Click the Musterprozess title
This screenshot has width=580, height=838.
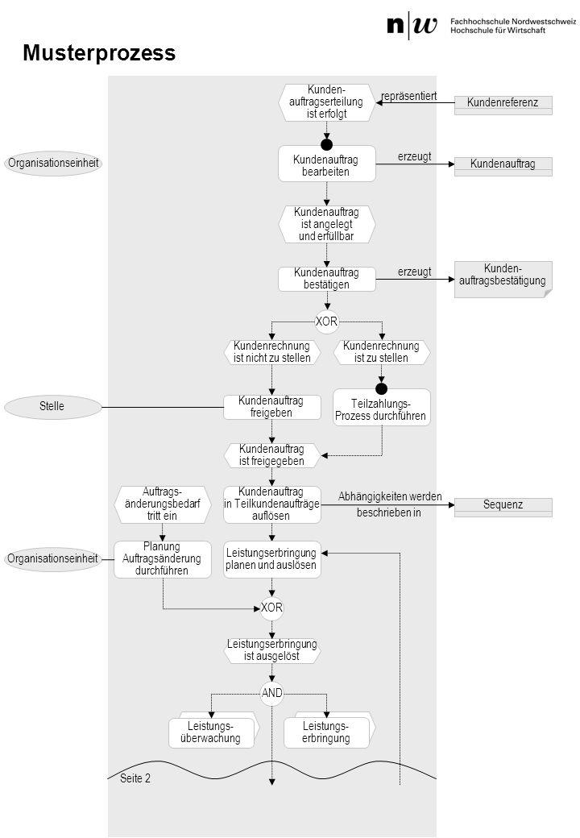click(x=99, y=53)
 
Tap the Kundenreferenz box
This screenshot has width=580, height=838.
click(x=503, y=105)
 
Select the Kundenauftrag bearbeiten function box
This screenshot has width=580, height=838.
click(x=327, y=164)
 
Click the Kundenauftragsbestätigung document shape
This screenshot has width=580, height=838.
click(x=503, y=279)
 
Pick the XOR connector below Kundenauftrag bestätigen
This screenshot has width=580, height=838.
click(x=327, y=322)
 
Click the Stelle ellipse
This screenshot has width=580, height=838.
click(x=52, y=407)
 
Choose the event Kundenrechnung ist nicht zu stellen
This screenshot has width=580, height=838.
click(x=271, y=352)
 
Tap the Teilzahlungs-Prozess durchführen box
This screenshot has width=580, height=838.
click(x=381, y=409)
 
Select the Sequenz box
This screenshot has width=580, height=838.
click(x=503, y=507)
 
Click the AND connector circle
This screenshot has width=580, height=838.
click(x=271, y=693)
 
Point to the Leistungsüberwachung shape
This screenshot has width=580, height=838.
click(x=213, y=730)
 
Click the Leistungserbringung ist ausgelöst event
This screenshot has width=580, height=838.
click(x=271, y=650)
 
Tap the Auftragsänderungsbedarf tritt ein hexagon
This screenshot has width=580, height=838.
click(x=163, y=504)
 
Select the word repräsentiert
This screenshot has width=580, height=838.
click(x=408, y=96)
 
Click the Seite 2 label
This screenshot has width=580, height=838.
click(x=135, y=778)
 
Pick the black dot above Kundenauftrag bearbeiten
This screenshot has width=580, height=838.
click(x=327, y=144)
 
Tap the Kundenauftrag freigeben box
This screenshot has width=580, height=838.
click(x=271, y=407)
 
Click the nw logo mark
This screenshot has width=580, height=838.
click(x=412, y=25)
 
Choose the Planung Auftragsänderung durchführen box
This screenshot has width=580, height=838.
click(x=163, y=559)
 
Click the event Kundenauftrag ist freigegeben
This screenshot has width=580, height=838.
click(x=271, y=455)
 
